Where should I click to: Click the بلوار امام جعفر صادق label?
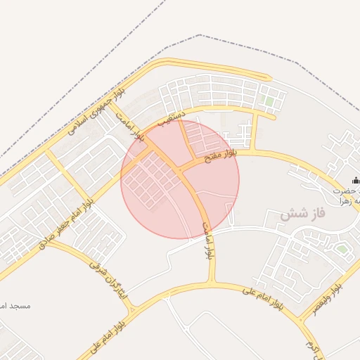point(67,224)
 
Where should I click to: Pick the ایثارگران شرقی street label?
point(109,280)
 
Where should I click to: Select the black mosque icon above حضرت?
point(355,179)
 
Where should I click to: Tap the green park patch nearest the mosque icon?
point(342,248)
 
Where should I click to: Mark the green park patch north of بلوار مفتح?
point(269,102)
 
